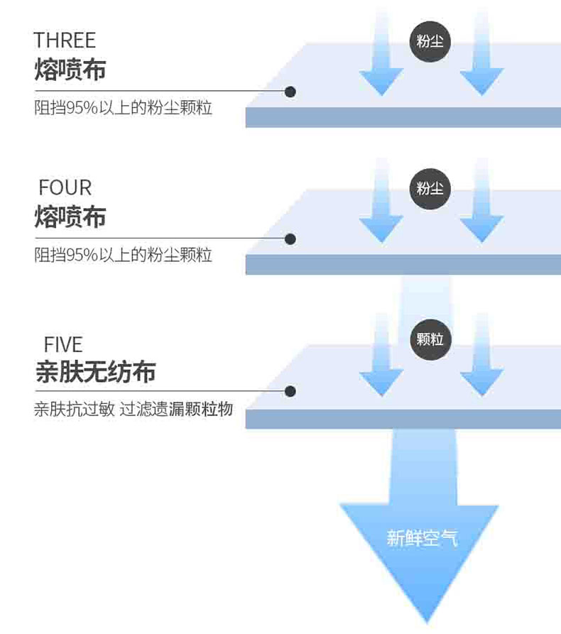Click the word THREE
(x=65, y=40)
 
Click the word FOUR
(x=65, y=188)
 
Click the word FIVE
(x=63, y=345)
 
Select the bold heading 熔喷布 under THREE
(x=70, y=70)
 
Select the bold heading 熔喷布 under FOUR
(x=70, y=217)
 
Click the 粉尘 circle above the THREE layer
(x=430, y=41)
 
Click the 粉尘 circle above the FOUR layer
(x=430, y=189)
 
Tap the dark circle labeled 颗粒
(x=430, y=339)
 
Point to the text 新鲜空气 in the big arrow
(x=422, y=537)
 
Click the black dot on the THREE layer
(x=290, y=92)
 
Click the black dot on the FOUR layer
(x=290, y=239)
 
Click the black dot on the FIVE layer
(x=290, y=391)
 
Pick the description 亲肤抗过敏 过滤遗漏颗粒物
(x=134, y=410)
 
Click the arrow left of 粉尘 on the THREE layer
(x=381, y=64)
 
